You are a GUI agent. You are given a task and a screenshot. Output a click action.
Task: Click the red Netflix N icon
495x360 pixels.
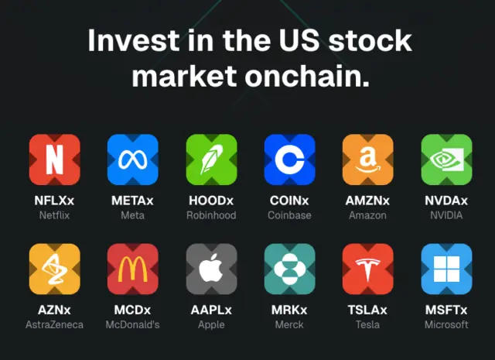(x=55, y=159)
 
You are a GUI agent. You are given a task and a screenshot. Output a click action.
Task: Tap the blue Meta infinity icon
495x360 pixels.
(x=132, y=159)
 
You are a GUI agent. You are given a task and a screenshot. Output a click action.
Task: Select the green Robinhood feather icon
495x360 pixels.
(x=211, y=159)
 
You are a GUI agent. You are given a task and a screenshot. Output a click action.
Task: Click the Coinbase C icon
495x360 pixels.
(x=290, y=159)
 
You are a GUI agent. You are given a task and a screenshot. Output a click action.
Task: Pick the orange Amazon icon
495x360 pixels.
(x=368, y=159)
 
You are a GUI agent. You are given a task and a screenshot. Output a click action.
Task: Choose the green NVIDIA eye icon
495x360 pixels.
(x=447, y=159)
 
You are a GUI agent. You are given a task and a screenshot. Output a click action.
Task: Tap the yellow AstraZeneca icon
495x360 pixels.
(x=55, y=269)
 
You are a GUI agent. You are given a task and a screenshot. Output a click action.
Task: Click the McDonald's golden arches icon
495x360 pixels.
(x=132, y=269)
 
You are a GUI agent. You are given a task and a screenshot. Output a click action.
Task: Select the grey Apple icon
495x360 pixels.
(x=211, y=269)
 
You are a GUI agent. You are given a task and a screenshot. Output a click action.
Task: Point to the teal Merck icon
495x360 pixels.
(x=290, y=269)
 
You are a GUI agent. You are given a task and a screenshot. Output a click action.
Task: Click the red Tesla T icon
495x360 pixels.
(x=368, y=269)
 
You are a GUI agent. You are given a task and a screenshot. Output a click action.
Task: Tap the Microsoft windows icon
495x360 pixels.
(x=447, y=269)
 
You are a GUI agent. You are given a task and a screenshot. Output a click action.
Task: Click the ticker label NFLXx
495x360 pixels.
(x=54, y=201)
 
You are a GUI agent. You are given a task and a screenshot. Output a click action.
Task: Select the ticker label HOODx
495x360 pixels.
(x=211, y=201)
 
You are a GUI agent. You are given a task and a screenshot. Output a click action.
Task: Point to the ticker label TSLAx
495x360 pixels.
(x=367, y=310)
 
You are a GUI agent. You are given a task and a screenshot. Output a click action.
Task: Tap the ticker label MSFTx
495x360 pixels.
(x=446, y=310)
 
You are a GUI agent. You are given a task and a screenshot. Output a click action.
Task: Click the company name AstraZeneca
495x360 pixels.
(x=55, y=324)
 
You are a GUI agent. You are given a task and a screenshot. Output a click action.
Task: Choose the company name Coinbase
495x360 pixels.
(x=289, y=215)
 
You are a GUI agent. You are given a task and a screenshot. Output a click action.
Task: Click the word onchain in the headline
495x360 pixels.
(x=307, y=77)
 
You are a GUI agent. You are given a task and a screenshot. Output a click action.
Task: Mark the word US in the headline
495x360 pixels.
(x=299, y=40)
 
